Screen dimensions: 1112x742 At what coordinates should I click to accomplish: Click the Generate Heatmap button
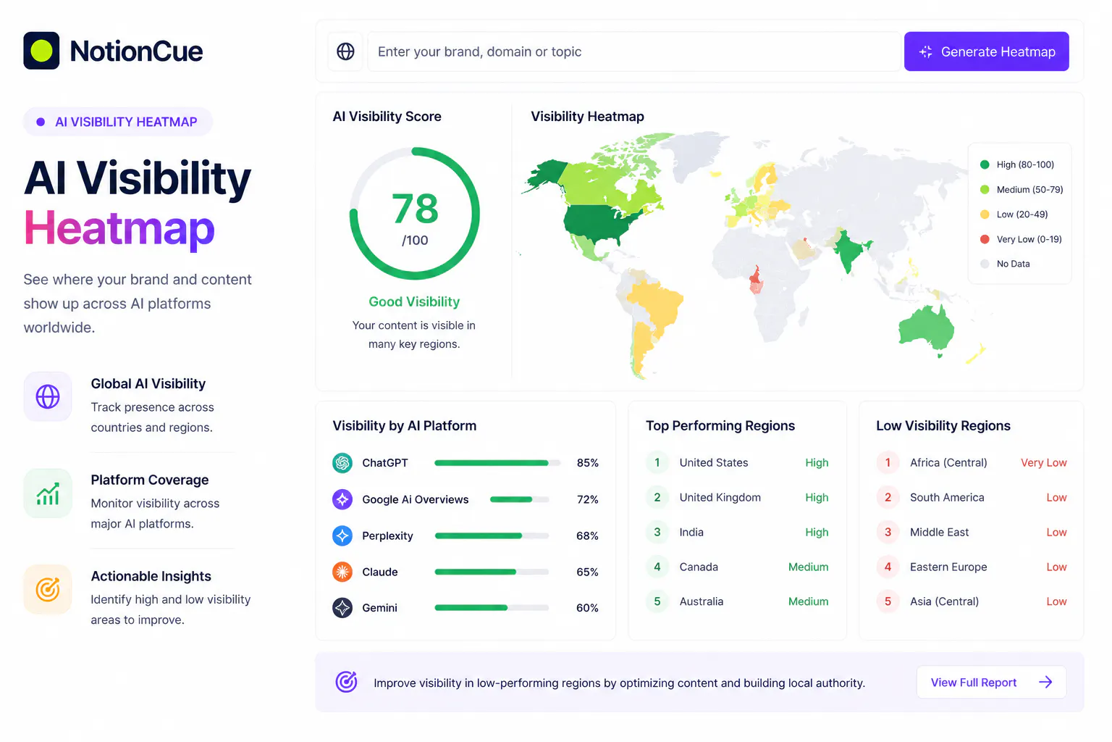tap(986, 51)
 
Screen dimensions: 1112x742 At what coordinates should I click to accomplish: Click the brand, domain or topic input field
tap(633, 51)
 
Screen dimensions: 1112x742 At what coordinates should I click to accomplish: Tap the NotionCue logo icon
tap(41, 51)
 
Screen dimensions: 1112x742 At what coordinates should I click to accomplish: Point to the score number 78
tap(415, 209)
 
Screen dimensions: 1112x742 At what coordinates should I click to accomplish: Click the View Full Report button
tap(991, 682)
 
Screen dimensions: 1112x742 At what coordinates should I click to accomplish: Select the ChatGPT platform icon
tap(342, 463)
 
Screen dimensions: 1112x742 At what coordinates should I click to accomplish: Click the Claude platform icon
tap(342, 572)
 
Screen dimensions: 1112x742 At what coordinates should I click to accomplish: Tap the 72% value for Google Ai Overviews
tap(587, 499)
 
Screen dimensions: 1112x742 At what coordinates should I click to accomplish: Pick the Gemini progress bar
tap(492, 607)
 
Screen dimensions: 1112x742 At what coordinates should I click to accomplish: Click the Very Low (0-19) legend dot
tap(985, 239)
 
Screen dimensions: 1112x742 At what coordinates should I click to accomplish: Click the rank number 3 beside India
tap(657, 532)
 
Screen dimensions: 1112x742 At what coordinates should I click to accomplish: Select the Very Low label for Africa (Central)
tap(1043, 463)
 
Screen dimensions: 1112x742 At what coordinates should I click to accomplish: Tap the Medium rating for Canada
tap(808, 567)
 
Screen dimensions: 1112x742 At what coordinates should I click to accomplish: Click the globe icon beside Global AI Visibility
tap(48, 396)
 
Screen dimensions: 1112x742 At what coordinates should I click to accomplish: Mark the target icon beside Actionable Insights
tap(48, 589)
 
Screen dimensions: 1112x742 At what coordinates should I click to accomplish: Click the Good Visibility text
tap(414, 301)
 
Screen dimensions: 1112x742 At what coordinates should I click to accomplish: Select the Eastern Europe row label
tap(948, 567)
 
